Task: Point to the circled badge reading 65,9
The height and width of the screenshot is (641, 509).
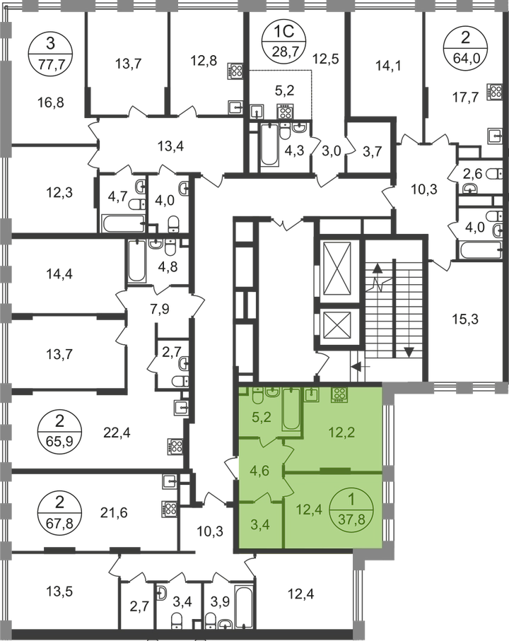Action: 59,430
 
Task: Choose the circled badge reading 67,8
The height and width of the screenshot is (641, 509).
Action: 59,512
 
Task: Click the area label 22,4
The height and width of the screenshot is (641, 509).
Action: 117,432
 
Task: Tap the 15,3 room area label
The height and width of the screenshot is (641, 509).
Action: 465,319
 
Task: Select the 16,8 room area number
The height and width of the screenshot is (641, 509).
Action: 51,102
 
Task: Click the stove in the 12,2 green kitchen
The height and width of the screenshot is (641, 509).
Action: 339,395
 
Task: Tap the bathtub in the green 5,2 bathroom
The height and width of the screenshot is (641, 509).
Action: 291,408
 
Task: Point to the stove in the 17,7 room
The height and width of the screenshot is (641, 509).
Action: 494,92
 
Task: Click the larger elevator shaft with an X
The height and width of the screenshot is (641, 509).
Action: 337,268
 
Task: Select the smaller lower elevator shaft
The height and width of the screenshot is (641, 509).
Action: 337,325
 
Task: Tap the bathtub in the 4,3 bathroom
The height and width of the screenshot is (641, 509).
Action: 269,144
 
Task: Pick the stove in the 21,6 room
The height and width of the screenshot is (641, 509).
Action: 170,510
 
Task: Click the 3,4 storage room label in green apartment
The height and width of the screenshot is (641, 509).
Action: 259,524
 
